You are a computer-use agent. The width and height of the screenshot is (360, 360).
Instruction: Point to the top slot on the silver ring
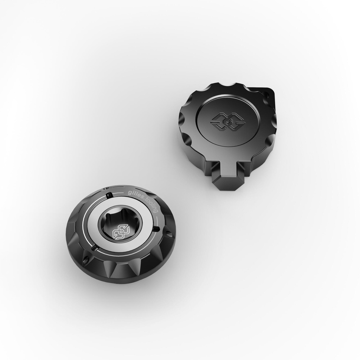click(x=109, y=195)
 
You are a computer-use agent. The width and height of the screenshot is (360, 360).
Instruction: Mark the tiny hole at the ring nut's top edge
click(x=107, y=189)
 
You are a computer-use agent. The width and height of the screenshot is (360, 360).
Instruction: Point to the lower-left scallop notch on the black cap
click(x=187, y=141)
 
